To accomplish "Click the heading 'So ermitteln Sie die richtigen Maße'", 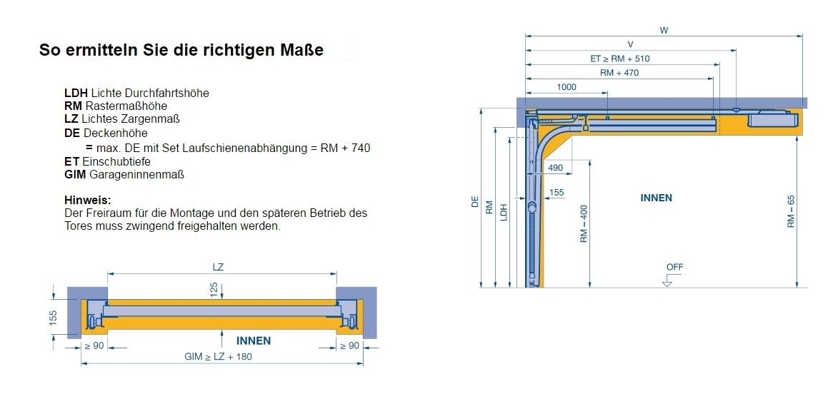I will pos(181,51).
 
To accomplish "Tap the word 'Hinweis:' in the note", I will pos(88,201).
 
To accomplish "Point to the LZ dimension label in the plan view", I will pos(219,267).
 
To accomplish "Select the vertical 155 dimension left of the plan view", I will pos(54,317).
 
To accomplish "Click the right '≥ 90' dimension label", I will pos(349,346).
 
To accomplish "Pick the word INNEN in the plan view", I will pos(254,340).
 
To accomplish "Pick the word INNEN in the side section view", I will pos(656,198).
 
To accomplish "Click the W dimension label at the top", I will pos(664,31).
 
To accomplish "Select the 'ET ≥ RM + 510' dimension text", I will pos(619,59).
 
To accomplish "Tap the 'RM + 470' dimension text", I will pos(619,72).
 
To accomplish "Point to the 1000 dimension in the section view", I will pos(566,87).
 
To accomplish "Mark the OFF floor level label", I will pos(674,267).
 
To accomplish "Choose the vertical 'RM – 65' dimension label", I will pos(791,211).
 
